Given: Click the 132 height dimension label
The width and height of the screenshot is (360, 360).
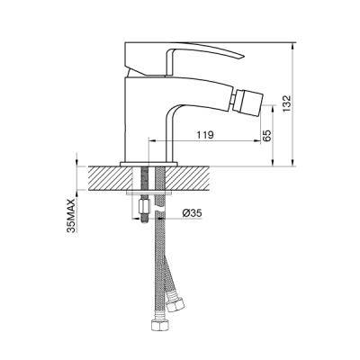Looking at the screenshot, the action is [287, 103].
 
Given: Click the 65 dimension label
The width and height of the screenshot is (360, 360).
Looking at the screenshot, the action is [266, 136].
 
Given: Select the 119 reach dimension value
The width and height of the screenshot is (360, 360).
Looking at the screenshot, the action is [205, 135].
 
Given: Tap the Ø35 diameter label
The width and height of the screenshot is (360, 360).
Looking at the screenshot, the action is [192, 213].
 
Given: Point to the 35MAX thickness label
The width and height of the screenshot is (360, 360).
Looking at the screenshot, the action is [72, 215].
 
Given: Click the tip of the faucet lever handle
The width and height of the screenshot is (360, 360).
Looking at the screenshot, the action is [243, 57].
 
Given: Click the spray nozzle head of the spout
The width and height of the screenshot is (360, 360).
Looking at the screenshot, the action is [248, 101].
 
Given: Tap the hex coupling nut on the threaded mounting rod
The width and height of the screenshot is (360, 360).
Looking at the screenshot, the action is [144, 207].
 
